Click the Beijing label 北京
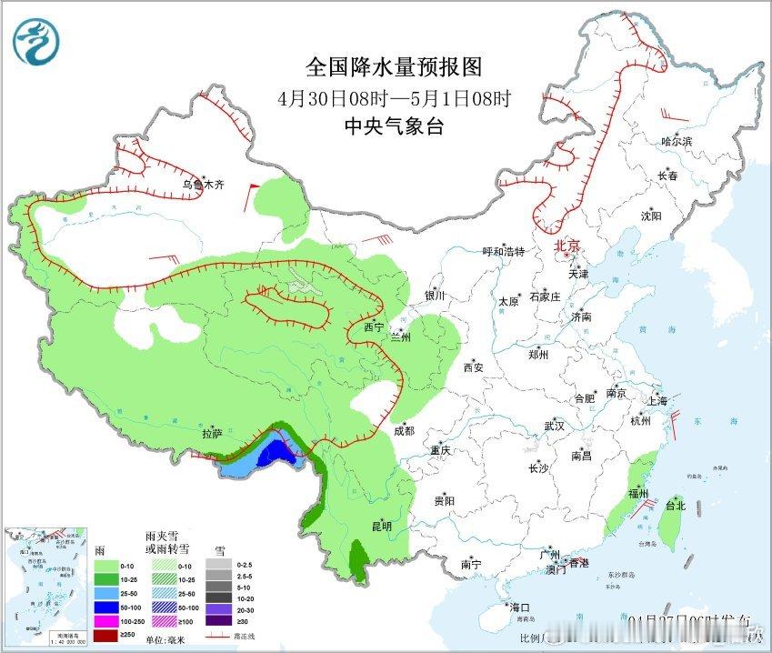566,246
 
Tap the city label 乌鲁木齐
202,184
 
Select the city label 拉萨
212,434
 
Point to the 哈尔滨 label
677,142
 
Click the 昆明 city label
381,526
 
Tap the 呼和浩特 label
503,251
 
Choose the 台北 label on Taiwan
675,506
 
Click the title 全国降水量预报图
393,66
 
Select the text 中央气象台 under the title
393,127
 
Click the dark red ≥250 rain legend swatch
109,634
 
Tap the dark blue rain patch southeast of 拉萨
270,452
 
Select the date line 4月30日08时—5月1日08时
394,97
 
